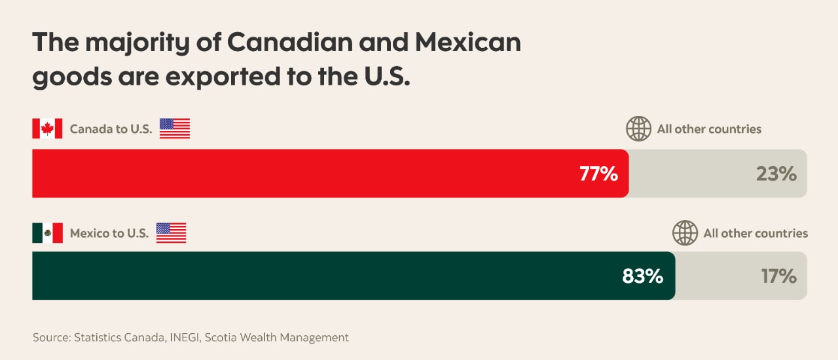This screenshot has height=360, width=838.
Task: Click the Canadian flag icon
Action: (x=47, y=128)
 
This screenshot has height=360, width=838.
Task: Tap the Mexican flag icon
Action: (x=47, y=232)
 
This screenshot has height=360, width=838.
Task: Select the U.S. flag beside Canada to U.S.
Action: (x=175, y=128)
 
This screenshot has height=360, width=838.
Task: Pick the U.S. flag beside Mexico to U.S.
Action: (x=171, y=232)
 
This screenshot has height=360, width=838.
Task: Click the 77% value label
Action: (x=598, y=174)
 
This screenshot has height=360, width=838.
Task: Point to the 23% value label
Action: (x=776, y=174)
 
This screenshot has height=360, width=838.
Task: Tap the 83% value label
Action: (x=643, y=276)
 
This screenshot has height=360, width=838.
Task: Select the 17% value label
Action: (x=778, y=276)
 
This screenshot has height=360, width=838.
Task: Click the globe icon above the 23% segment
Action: (x=638, y=129)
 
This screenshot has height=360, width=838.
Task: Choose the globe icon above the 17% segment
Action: (x=685, y=233)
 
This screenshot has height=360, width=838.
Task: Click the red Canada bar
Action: (x=295, y=173)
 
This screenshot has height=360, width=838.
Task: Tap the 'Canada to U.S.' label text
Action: (x=111, y=129)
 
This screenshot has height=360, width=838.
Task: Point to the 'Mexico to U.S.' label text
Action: (x=109, y=233)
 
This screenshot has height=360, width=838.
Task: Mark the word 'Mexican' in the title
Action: (x=467, y=43)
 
